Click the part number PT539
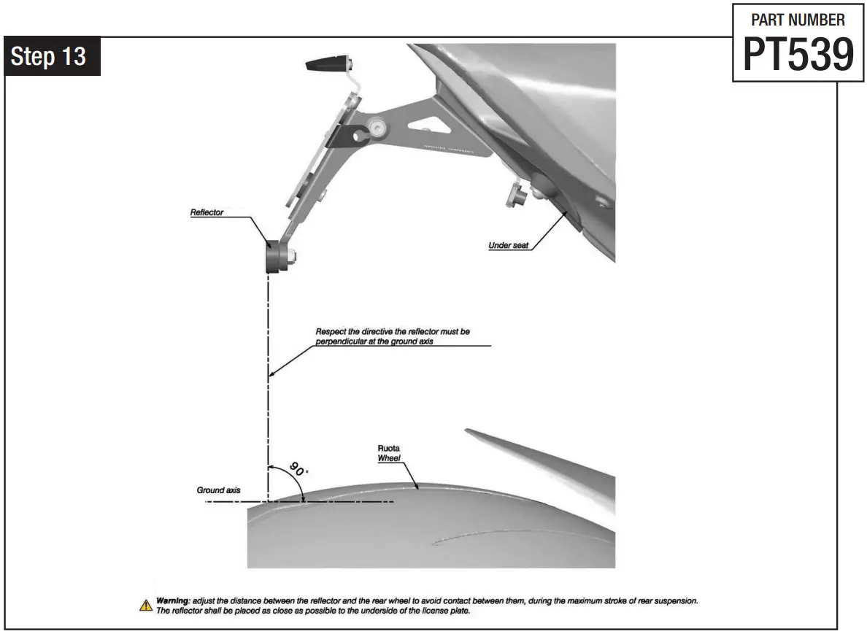pyautogui.click(x=798, y=53)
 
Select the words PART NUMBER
pyautogui.click(x=798, y=20)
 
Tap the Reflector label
pyautogui.click(x=207, y=212)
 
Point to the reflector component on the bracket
pyautogui.click(x=274, y=256)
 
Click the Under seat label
pyautogui.click(x=509, y=246)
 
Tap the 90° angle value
pyautogui.click(x=297, y=468)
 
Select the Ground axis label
pyautogui.click(x=218, y=490)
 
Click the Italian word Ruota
pyautogui.click(x=388, y=448)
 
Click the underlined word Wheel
pyautogui.click(x=388, y=459)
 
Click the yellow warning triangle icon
pyautogui.click(x=146, y=605)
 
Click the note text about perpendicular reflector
pyautogui.click(x=393, y=336)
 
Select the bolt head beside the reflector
pyautogui.click(x=292, y=255)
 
